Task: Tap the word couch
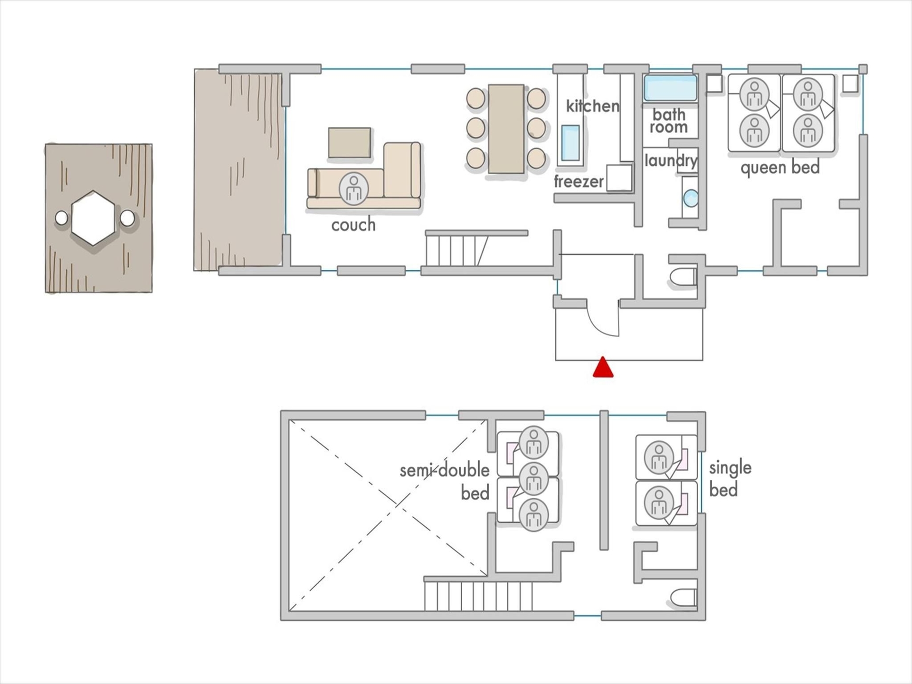pyautogui.click(x=353, y=225)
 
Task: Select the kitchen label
pyautogui.click(x=592, y=105)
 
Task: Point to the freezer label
pyautogui.click(x=579, y=181)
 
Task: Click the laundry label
pyautogui.click(x=671, y=161)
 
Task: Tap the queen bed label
pyautogui.click(x=780, y=168)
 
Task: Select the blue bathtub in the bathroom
pyautogui.click(x=670, y=88)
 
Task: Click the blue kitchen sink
pyautogui.click(x=570, y=142)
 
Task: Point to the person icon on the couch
pyautogui.click(x=353, y=189)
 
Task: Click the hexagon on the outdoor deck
pyautogui.click(x=93, y=218)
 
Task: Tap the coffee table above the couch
pyautogui.click(x=350, y=142)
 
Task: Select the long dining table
pyautogui.click(x=506, y=129)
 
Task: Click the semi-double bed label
pyautogui.click(x=445, y=482)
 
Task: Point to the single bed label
pyautogui.click(x=730, y=479)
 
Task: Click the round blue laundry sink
pyautogui.click(x=691, y=198)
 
